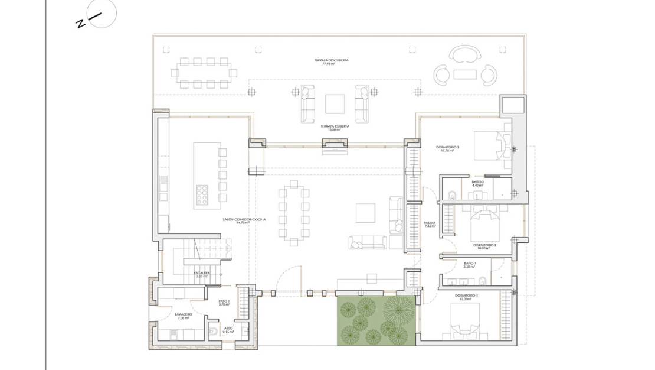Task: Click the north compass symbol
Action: click(x=101, y=14)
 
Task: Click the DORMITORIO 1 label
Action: click(x=467, y=296)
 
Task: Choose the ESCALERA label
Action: click(x=203, y=274)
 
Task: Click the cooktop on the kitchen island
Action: click(x=202, y=194)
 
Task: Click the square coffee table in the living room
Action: click(x=365, y=213)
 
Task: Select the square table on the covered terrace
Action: click(x=335, y=104)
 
